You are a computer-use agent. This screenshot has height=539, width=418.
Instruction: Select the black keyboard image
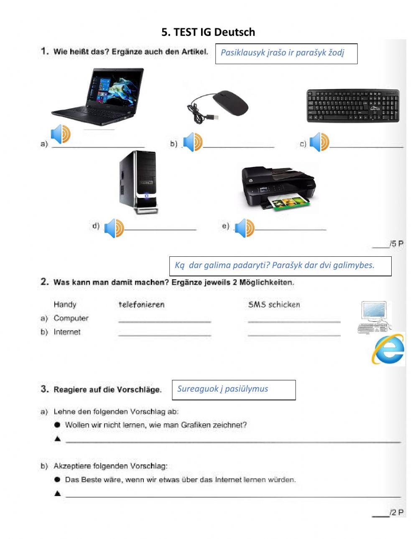point(353,106)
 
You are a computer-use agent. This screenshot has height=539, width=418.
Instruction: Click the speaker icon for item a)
point(61,134)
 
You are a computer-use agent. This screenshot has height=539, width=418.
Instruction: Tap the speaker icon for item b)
point(193,142)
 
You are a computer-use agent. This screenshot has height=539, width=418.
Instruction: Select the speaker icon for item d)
point(114,228)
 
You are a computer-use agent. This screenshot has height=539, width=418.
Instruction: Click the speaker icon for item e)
point(244,228)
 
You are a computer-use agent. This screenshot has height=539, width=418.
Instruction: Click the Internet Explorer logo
point(388,350)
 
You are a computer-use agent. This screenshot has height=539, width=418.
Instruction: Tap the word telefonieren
point(142,305)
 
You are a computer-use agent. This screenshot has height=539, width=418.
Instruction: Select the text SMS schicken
point(274,305)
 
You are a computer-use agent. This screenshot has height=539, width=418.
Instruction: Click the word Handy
point(65,304)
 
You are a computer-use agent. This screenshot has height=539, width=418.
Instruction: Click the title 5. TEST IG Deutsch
point(208,32)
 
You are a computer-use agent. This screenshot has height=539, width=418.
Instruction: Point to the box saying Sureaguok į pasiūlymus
point(234,390)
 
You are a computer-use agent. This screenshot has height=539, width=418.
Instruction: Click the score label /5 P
point(396,244)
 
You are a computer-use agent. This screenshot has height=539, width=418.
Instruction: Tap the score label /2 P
point(396,512)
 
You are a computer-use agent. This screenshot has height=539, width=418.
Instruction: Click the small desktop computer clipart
point(375,317)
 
